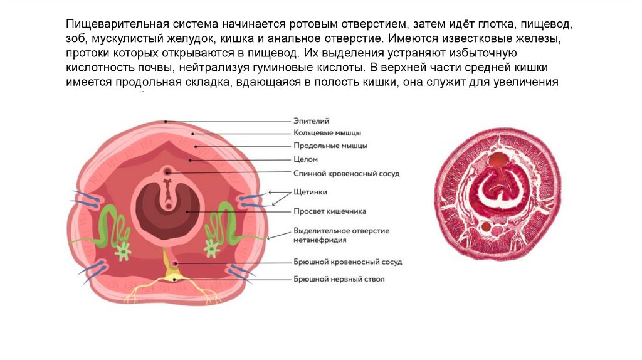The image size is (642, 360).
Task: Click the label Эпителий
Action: pos(312,120)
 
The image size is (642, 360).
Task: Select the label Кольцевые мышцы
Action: pos(327,132)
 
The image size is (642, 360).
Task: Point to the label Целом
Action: pos(306,159)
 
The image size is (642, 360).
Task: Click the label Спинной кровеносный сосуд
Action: pos(346,173)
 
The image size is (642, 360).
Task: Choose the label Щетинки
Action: pos(310,191)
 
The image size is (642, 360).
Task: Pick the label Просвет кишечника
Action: pos(329,211)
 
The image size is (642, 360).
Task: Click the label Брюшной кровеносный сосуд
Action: pos(347,262)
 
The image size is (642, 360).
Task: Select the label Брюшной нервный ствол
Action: pos(339,279)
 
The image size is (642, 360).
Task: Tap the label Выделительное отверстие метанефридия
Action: pos(340,235)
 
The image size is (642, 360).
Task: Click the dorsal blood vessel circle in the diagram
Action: pos(167,171)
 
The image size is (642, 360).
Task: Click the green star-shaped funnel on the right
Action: pos(212,250)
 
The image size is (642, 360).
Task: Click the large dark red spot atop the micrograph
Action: pos(499,160)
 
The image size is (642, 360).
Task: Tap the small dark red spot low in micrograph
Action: pos(486,226)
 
